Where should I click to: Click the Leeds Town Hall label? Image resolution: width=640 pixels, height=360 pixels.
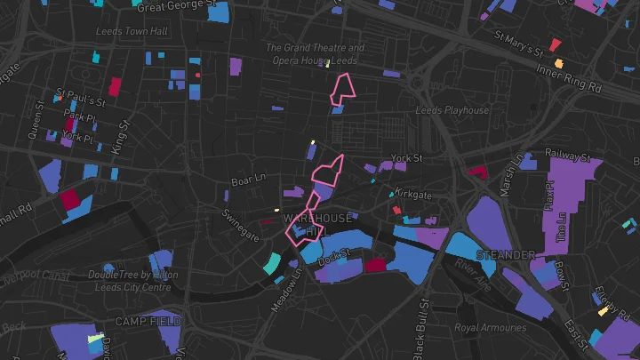132,31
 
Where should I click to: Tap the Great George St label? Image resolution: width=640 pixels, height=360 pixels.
178,5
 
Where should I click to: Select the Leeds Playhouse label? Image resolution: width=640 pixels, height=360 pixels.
452,111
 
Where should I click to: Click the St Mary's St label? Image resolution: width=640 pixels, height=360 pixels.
516,42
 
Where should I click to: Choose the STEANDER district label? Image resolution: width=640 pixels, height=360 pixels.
506,255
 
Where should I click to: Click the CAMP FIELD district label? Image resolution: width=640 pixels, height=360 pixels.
148,320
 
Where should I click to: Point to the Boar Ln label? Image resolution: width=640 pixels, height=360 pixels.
248,180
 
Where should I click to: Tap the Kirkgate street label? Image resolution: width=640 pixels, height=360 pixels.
412,194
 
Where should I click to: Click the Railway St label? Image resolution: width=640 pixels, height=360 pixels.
568,155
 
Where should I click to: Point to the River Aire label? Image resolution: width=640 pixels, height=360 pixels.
472,276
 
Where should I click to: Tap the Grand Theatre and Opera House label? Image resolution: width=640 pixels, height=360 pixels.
316,54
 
